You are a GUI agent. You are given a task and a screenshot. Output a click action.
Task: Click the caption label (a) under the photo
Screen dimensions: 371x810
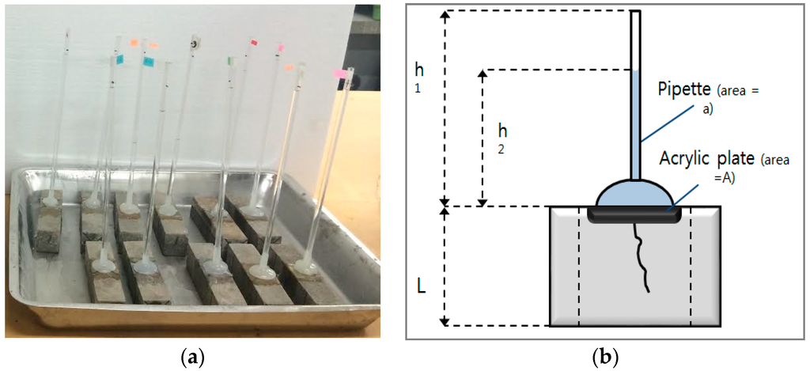tap(191, 358)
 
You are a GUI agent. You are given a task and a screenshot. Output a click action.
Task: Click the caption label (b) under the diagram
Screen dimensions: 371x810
tap(606, 358)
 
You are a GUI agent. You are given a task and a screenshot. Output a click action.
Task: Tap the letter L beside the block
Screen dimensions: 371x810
tap(422, 284)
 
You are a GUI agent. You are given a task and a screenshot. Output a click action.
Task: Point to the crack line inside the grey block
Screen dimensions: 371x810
tap(638, 257)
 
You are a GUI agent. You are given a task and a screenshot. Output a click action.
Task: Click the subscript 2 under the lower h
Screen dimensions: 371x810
tap(502, 148)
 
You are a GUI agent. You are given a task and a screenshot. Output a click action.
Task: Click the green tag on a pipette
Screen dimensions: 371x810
tap(229, 59)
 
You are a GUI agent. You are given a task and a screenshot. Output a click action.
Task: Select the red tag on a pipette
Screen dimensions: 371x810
tap(254, 42)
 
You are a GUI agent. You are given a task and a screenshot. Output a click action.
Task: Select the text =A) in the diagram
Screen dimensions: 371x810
tap(725, 178)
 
